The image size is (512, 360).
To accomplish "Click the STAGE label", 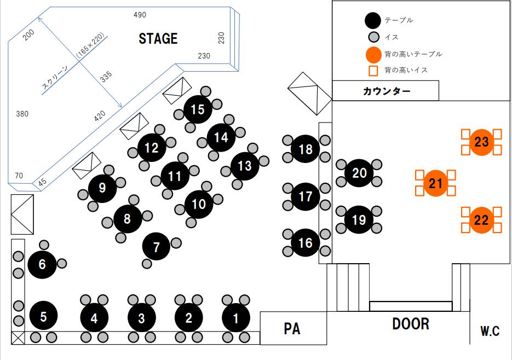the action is tap(158, 38).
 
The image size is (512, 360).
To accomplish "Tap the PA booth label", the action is tap(292, 329).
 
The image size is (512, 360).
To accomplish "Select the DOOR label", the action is tap(411, 324).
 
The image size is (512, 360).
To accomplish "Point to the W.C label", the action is tap(490, 331).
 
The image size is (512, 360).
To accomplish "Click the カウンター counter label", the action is tap(387, 91).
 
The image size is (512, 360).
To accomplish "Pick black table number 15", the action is tap(198, 109).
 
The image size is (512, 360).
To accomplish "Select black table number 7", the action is tap(157, 246).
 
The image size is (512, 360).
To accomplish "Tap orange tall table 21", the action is tap(436, 183).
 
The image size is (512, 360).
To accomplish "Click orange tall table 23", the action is tap(482, 142).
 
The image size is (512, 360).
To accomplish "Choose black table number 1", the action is tap(236, 317).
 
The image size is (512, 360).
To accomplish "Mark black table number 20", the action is tap(359, 173).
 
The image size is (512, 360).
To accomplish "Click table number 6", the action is tap(42, 264).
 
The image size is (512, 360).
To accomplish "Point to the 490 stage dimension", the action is tap(140, 15).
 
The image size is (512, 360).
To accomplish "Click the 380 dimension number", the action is tap(22, 114).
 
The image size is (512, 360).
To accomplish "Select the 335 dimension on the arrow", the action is tap(106, 76).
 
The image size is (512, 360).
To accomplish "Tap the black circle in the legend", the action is tap(373, 20).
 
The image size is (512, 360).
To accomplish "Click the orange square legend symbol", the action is tap(373, 71).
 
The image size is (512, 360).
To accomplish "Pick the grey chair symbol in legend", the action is tap(373, 37).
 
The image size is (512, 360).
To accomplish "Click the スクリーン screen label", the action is tap(55, 78).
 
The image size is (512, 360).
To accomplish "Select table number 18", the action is tap(306, 149).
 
